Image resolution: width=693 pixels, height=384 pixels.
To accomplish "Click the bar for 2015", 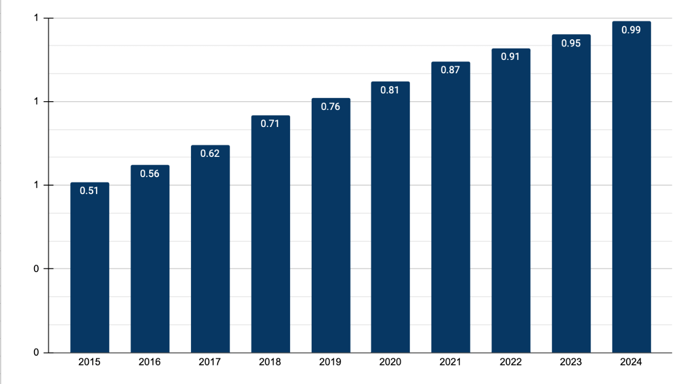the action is (x=90, y=267).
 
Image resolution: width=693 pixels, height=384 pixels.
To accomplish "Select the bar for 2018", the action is (x=271, y=234).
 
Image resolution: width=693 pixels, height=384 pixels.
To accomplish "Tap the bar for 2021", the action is (x=451, y=207).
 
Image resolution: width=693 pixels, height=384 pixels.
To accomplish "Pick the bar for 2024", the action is (x=632, y=187).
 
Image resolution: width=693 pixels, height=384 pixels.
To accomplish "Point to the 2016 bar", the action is (x=150, y=259).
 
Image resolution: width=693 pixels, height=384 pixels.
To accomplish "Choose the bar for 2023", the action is (x=571, y=194).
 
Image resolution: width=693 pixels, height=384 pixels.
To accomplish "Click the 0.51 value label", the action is (x=89, y=190).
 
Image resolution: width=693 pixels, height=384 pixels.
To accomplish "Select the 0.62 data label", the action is (x=210, y=153).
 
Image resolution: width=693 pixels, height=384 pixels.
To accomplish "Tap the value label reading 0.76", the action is (x=330, y=107).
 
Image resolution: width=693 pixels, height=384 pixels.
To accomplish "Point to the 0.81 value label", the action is (x=390, y=90).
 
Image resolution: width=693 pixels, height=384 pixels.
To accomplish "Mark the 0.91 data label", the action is (x=510, y=57).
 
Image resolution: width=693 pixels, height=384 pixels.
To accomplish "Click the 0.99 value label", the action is (x=631, y=30).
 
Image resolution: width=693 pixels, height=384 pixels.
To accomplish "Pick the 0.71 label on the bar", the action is (x=270, y=124).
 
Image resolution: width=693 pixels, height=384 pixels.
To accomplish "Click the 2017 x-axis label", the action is (x=209, y=362).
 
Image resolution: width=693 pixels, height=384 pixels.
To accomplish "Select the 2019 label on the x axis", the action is (x=330, y=362).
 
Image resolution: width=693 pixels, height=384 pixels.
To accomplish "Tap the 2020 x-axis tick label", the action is (x=390, y=362).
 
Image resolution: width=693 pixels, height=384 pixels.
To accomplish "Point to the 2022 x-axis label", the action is (x=510, y=362).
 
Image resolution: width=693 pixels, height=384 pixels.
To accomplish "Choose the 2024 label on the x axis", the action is (x=631, y=362).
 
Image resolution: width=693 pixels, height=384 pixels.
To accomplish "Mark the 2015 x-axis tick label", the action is (x=89, y=362).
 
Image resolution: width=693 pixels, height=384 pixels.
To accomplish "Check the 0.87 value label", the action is (x=450, y=70).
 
